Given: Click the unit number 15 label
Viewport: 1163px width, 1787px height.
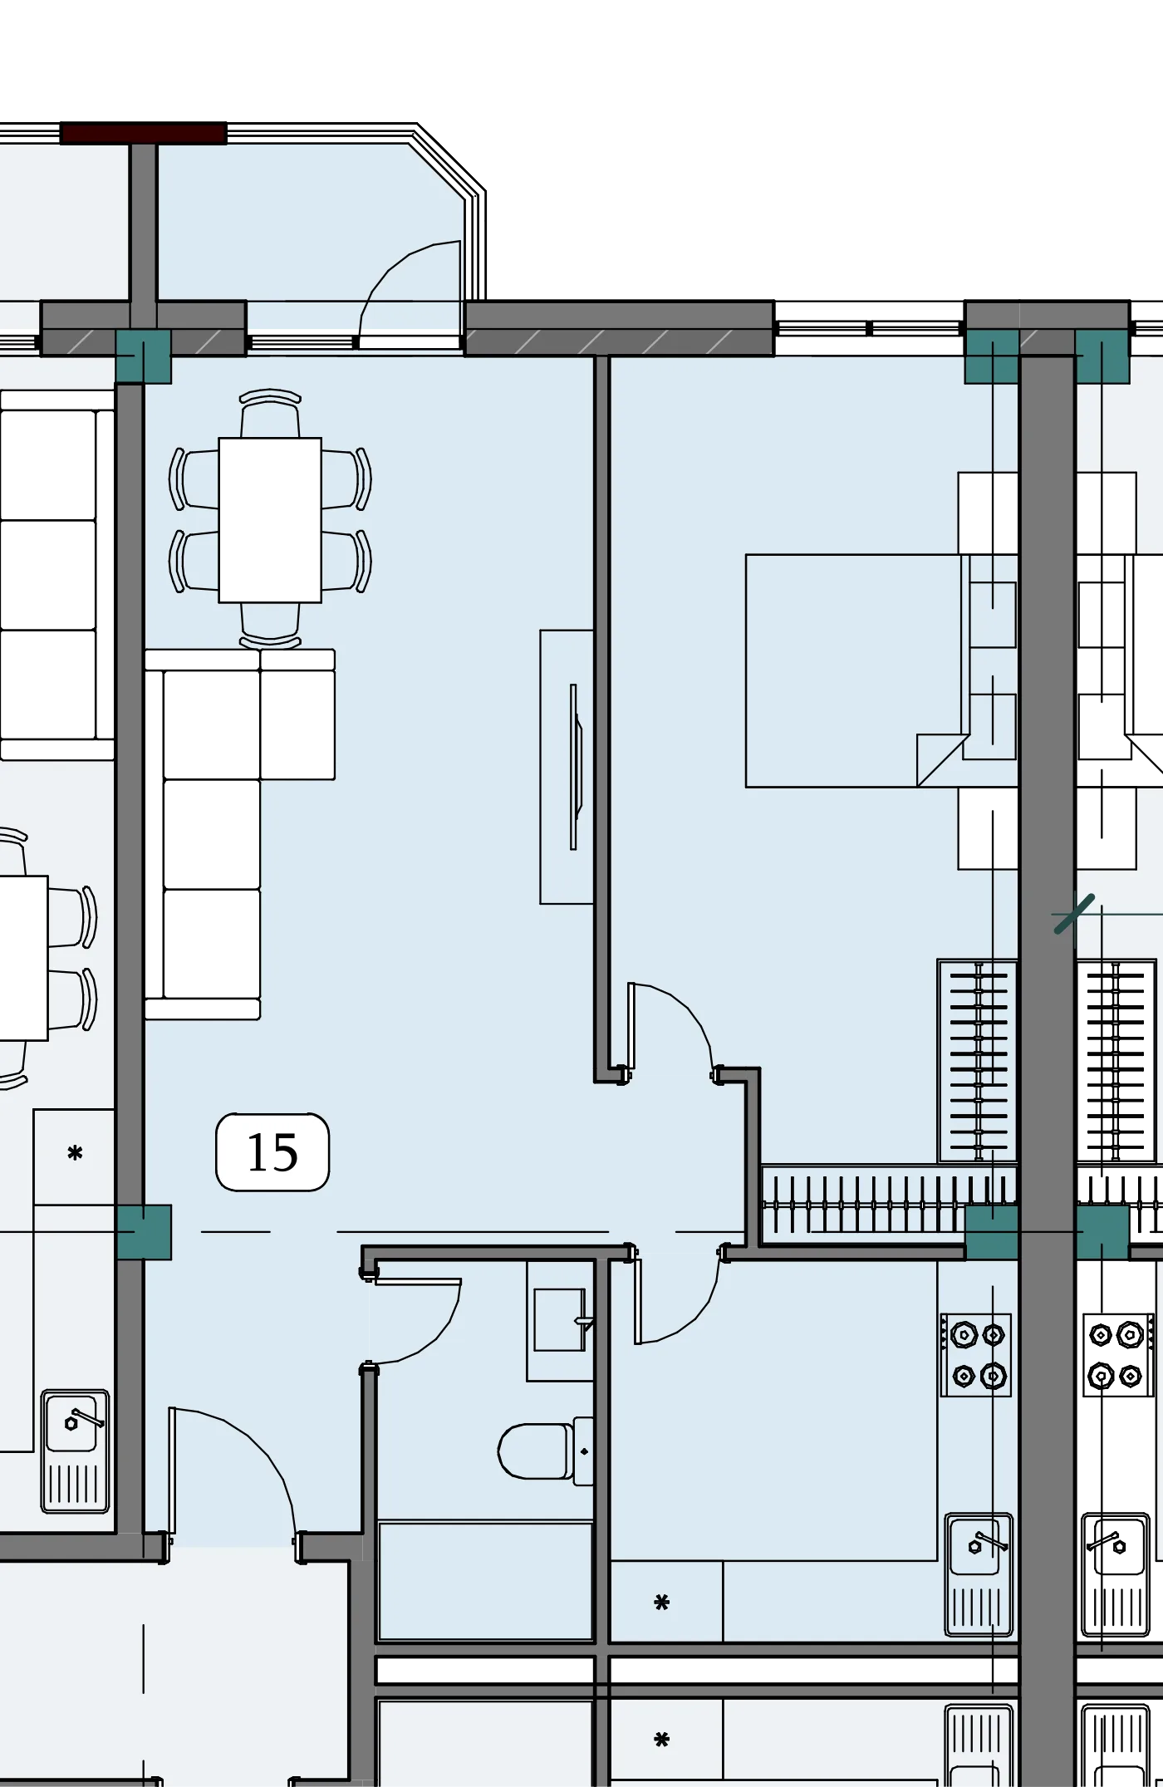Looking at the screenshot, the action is point(272,1152).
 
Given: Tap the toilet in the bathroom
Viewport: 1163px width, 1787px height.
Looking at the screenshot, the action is point(546,1451).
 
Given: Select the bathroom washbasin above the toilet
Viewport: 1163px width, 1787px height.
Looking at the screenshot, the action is point(560,1320).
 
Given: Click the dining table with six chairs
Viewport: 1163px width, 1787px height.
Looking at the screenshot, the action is point(270,519).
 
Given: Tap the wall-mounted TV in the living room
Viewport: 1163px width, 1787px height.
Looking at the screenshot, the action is point(575,766).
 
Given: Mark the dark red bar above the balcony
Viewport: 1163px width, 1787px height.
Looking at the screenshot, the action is point(144,133).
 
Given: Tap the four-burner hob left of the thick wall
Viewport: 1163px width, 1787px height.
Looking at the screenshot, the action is point(976,1355).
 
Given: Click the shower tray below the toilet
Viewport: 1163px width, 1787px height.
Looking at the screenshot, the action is point(486,1582).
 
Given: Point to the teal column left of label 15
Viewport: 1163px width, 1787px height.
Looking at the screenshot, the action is point(144,1232).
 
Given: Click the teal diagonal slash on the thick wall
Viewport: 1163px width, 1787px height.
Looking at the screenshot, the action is point(1074,914).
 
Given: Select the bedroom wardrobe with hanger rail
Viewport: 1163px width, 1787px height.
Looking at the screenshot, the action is point(979,1061).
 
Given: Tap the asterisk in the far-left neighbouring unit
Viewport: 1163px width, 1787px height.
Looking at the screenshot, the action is point(75,1154).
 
